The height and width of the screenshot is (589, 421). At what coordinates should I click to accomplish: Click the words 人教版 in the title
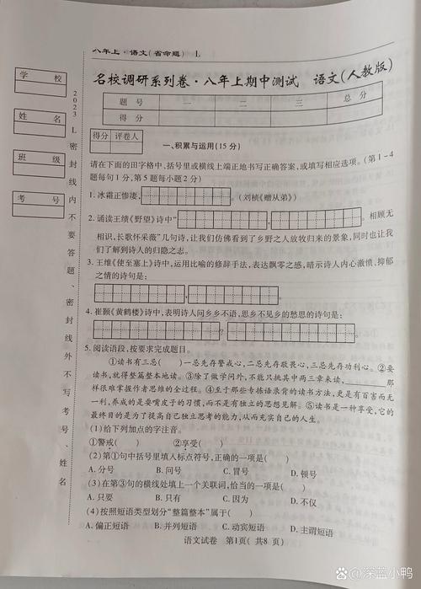click(x=367, y=79)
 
